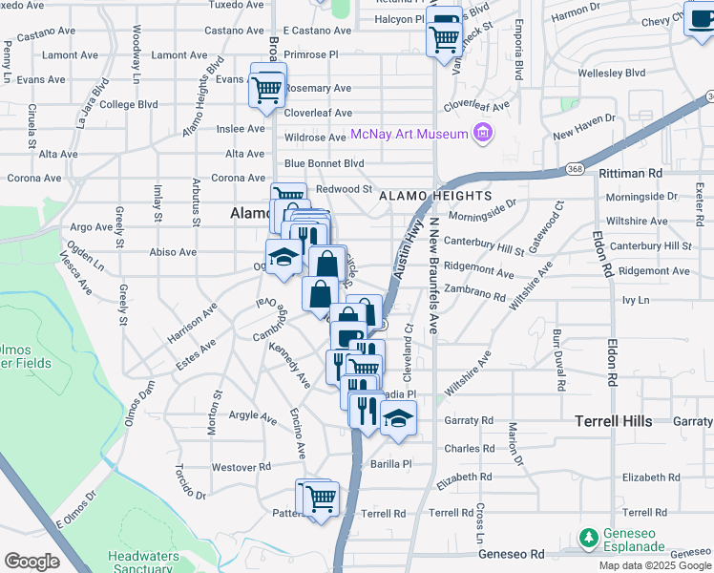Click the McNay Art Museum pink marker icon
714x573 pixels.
[x=483, y=134]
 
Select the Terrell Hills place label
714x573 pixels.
[x=613, y=420]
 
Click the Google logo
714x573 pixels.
[x=31, y=562]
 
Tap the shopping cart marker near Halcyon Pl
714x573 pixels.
[x=444, y=39]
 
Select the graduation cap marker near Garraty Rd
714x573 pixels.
[x=398, y=417]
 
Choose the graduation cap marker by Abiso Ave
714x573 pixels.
[x=283, y=256]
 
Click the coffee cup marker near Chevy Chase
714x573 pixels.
[x=700, y=19]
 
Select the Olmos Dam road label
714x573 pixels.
[x=138, y=404]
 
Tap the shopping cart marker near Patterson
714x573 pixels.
[x=321, y=499]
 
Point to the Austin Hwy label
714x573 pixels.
[x=406, y=248]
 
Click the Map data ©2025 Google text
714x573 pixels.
[x=654, y=565]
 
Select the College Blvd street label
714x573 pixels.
[x=128, y=104]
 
